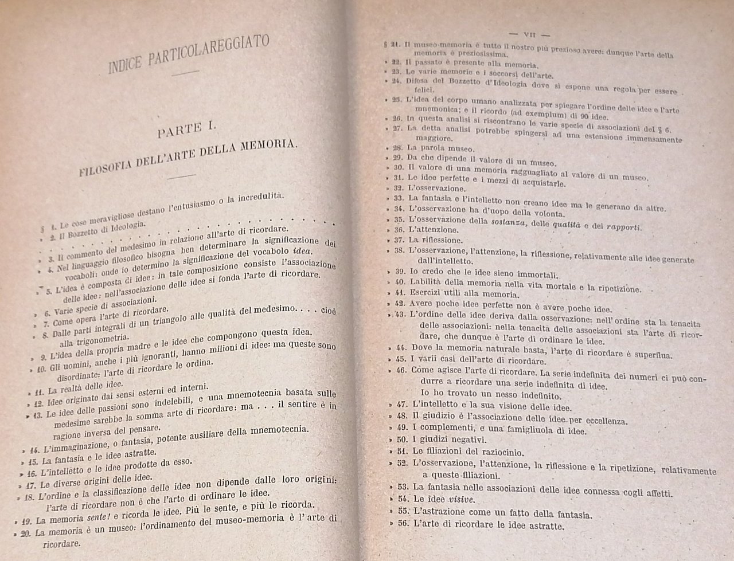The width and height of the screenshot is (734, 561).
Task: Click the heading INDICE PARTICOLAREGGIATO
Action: (189, 55)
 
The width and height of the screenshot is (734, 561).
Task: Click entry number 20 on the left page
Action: (25, 533)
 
